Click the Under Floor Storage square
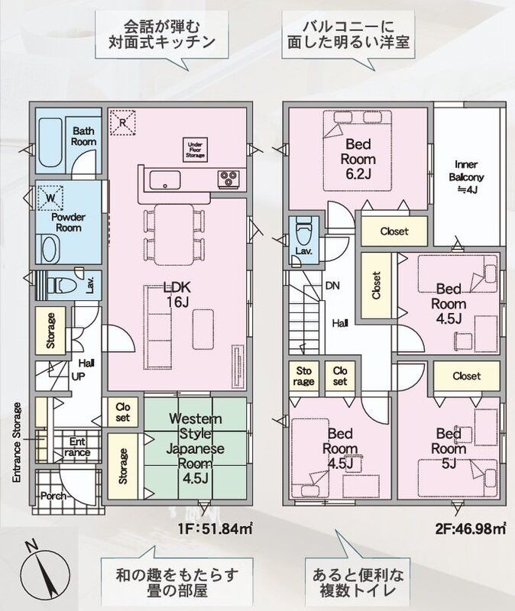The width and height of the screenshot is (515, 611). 196,149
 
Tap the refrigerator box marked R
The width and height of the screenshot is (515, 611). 123,123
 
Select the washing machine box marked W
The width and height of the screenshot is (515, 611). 50,198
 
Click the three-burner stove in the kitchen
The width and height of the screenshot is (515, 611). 228,178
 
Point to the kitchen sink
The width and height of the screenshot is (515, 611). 165,180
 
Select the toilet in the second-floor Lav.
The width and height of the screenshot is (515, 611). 303,231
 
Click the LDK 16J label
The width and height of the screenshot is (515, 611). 177,294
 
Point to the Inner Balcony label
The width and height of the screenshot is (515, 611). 466,177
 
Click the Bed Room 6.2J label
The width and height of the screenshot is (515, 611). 358,159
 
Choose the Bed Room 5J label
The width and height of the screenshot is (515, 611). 449,448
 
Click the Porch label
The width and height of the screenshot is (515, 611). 53,496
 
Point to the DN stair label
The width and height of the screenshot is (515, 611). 332,286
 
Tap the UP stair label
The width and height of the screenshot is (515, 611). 79,377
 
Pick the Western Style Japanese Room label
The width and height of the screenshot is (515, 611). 196,448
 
